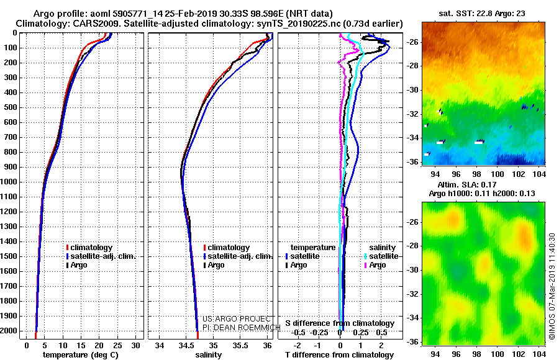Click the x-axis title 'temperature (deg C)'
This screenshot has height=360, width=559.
(x=80, y=354)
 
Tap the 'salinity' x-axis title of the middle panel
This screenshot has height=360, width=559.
(x=209, y=354)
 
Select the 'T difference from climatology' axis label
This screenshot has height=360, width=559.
(x=339, y=354)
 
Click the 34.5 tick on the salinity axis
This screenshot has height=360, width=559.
(x=186, y=345)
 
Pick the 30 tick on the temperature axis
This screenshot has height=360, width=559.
(x=135, y=345)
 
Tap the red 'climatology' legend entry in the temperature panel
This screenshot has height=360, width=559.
(x=89, y=248)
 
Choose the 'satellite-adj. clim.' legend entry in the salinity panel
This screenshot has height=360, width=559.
(x=238, y=256)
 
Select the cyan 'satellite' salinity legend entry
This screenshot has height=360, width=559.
(x=381, y=256)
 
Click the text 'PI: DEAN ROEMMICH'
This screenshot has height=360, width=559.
(x=242, y=327)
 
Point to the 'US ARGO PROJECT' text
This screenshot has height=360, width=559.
(x=237, y=318)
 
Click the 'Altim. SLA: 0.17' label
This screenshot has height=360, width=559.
(x=466, y=184)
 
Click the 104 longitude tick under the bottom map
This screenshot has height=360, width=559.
(x=539, y=354)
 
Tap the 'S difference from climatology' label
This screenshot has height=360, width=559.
(x=340, y=323)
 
